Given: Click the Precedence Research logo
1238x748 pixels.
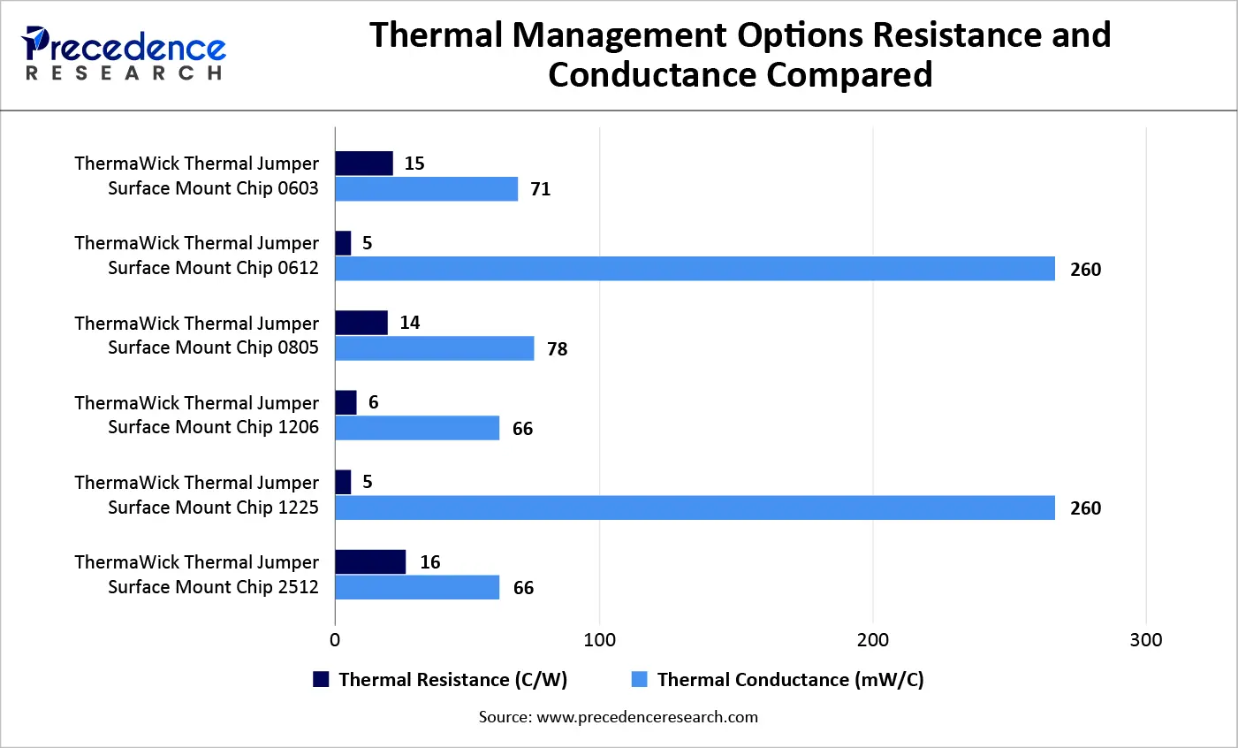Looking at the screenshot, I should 124,54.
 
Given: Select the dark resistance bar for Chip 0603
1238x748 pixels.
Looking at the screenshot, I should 363,164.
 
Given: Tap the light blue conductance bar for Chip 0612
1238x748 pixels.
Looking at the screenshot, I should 695,269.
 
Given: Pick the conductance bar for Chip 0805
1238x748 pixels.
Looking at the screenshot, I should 434,348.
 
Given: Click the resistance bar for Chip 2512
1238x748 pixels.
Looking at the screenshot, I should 370,562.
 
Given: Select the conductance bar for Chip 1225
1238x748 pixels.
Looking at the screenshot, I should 695,508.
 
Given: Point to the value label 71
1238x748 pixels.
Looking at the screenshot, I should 540,189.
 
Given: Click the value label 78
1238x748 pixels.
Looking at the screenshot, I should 557,349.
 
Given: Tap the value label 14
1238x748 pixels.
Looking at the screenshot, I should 409,323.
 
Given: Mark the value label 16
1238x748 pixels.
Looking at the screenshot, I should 429,562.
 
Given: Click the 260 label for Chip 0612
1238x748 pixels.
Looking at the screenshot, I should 1085,270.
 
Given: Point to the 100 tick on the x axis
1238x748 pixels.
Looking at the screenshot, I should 600,640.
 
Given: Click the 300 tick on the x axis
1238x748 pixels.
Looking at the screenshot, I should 1145,640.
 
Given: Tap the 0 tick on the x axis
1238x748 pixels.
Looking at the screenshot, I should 335,640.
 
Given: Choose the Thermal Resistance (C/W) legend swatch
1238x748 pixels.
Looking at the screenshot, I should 321,679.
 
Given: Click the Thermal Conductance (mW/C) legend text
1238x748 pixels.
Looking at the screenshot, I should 790,679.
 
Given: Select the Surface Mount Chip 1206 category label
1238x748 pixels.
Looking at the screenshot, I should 212,427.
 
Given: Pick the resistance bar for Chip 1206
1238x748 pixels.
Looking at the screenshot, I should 346,402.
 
